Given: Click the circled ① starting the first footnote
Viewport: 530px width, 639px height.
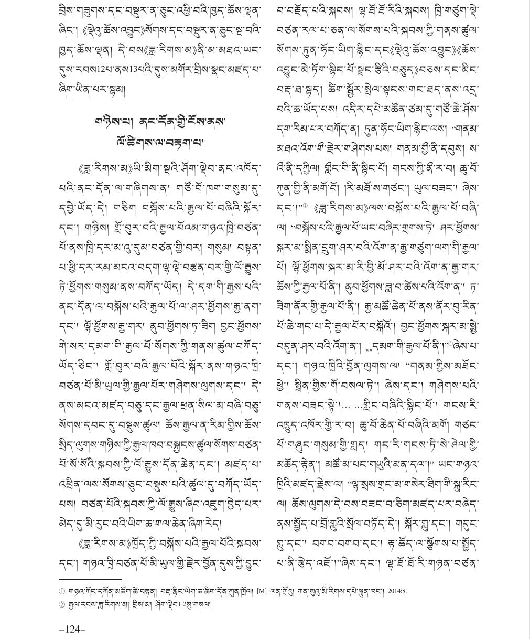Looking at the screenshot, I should click(62, 591).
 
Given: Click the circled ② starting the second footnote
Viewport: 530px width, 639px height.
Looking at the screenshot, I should click(62, 604).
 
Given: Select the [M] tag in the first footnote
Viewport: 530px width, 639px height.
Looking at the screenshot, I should click(261, 591).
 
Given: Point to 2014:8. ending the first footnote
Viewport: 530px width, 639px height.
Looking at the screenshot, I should click(397, 591).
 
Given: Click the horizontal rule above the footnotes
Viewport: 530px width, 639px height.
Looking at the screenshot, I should click(90, 579).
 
